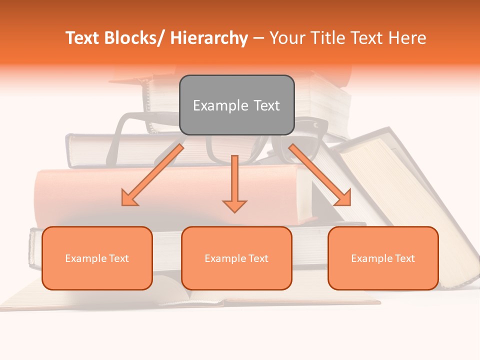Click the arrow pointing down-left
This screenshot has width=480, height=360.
[152, 175]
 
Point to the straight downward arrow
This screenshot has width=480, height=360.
[234, 182]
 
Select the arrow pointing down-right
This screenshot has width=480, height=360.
[320, 175]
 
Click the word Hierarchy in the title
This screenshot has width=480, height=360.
[209, 38]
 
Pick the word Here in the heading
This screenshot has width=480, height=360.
[407, 38]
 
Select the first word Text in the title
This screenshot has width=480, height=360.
[83, 38]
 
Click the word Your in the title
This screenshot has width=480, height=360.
[284, 38]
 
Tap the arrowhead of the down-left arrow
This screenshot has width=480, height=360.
[129, 198]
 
